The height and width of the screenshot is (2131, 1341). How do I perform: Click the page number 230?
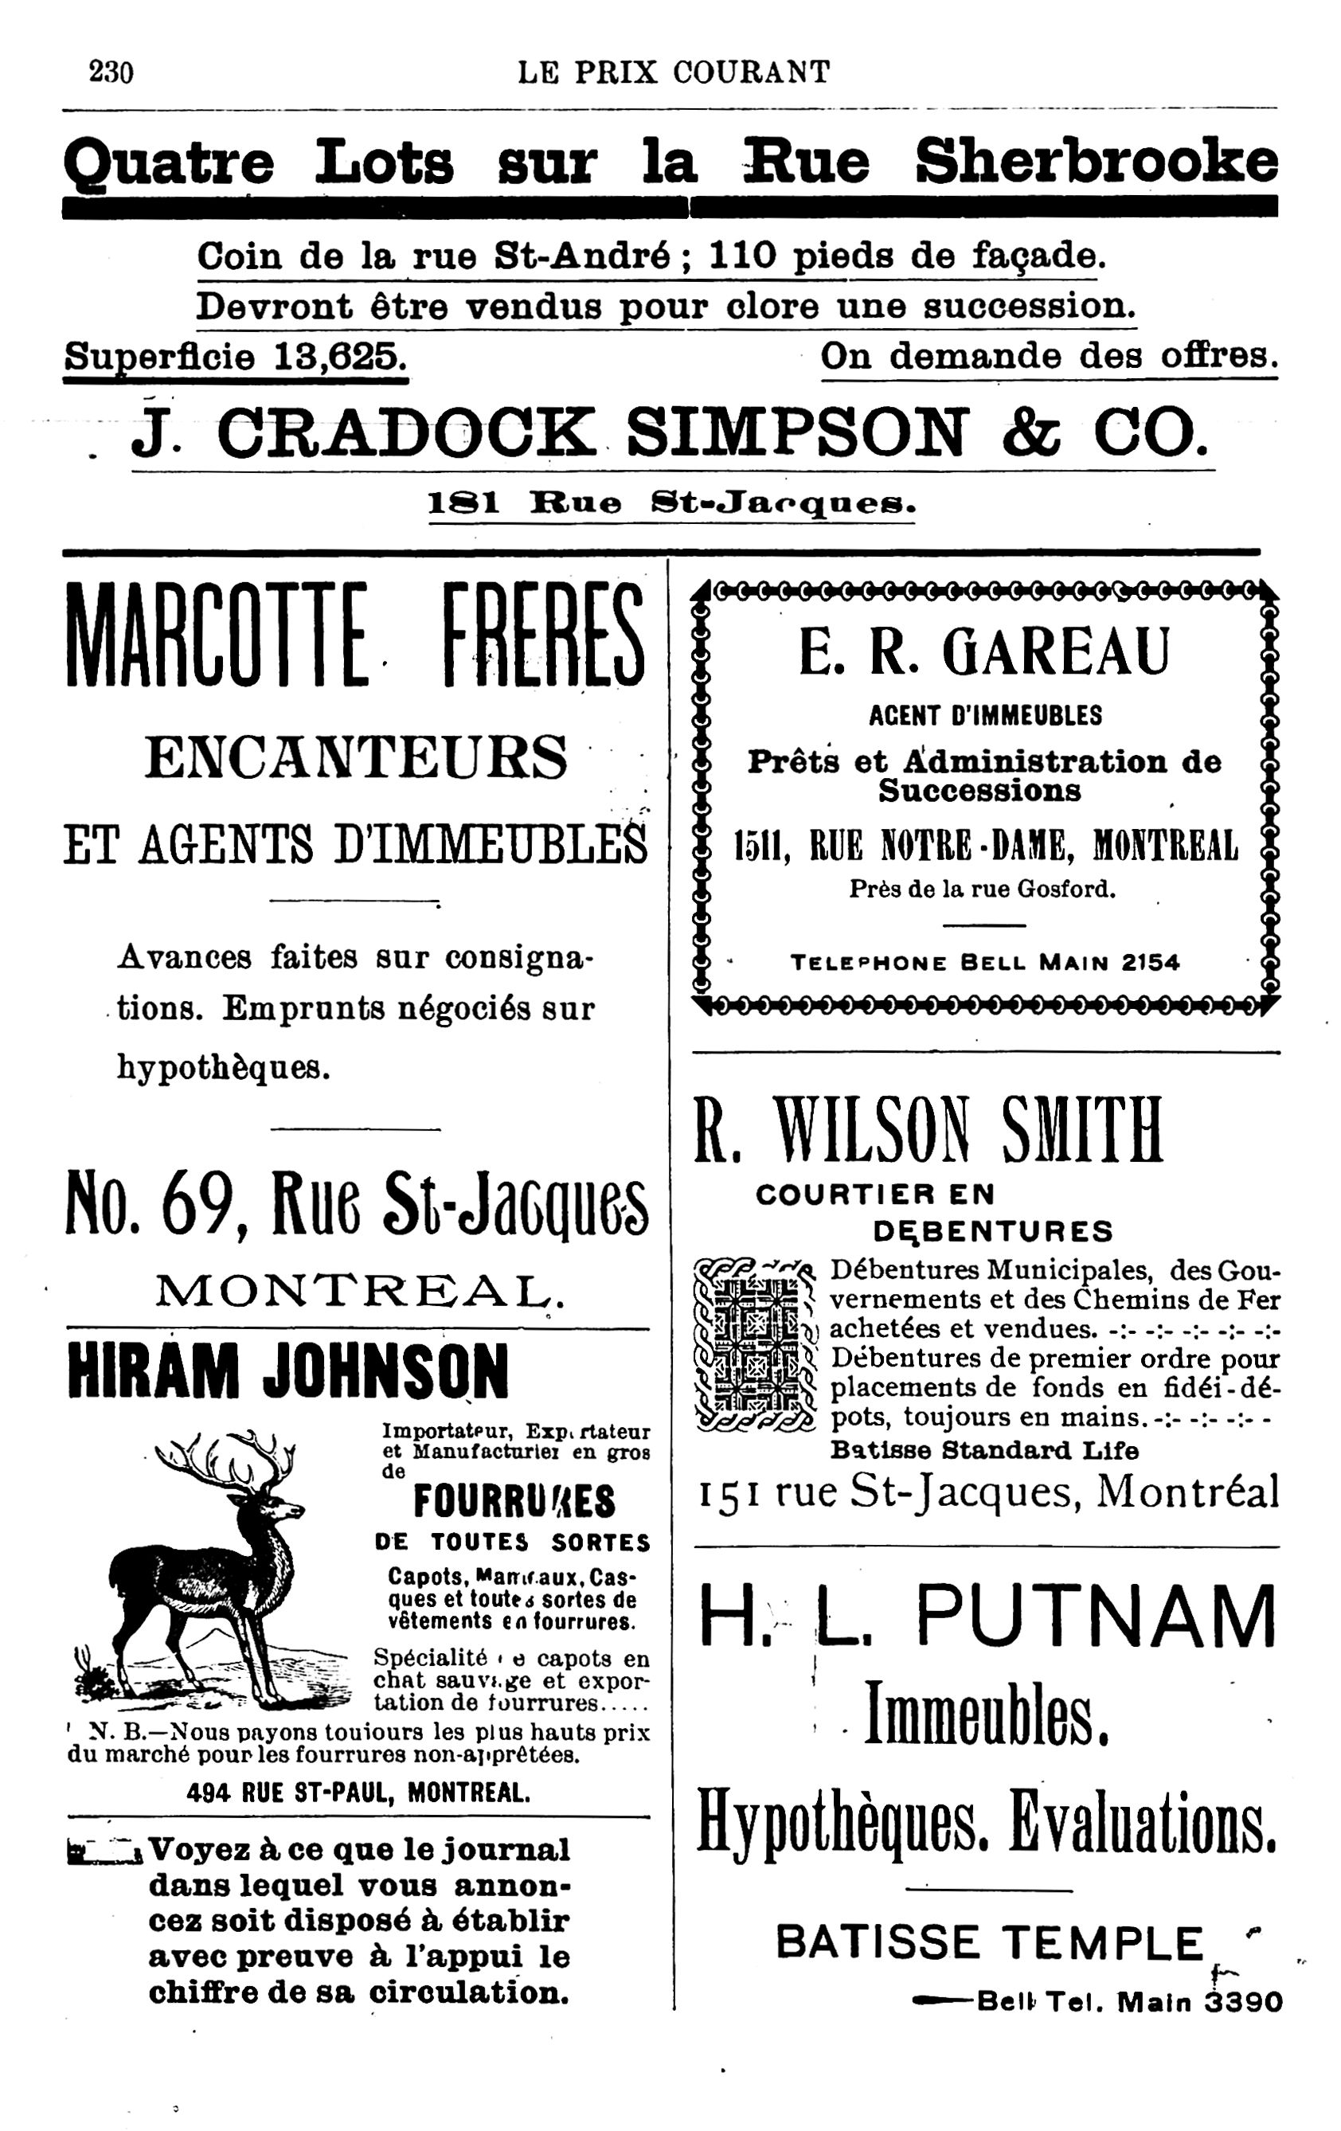point(111,71)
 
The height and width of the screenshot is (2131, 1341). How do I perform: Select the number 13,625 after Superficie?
point(340,357)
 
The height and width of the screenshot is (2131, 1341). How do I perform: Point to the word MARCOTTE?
point(217,635)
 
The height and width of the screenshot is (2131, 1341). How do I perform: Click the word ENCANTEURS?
point(356,758)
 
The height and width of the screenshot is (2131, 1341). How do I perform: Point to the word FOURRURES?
point(514,1502)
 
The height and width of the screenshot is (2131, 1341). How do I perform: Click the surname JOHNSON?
point(385,1373)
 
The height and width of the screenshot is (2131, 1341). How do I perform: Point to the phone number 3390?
point(1244,2002)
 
